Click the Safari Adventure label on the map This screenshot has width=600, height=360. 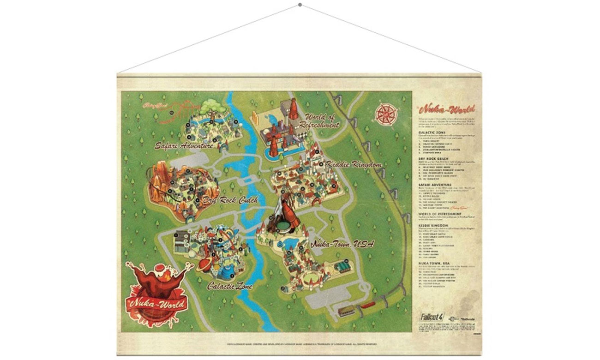pos(184,145)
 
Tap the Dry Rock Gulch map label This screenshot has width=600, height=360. pos(228,200)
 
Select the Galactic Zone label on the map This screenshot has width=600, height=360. pos(229,286)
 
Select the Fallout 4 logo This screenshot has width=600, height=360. pos(431,317)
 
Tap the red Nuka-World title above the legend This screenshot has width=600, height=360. pos(442,111)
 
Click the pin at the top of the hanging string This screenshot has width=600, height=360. pos(300,5)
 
